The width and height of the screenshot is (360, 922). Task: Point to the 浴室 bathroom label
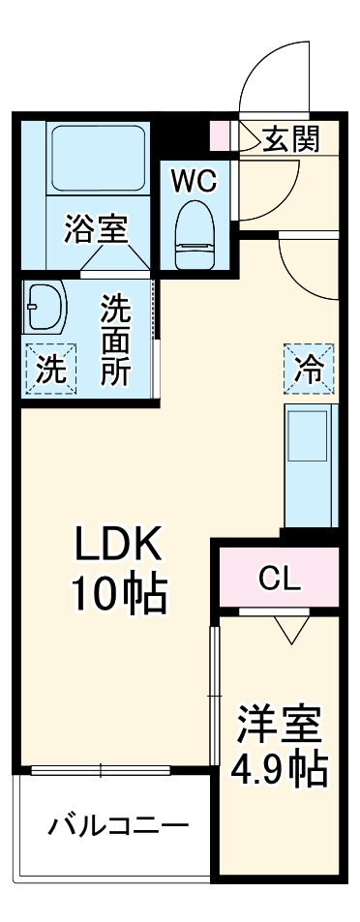coord(96,231)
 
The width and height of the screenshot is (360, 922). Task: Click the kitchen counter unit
coord(310,464)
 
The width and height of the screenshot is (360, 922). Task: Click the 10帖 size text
coord(118,595)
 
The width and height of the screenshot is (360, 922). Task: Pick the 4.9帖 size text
coord(278,769)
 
